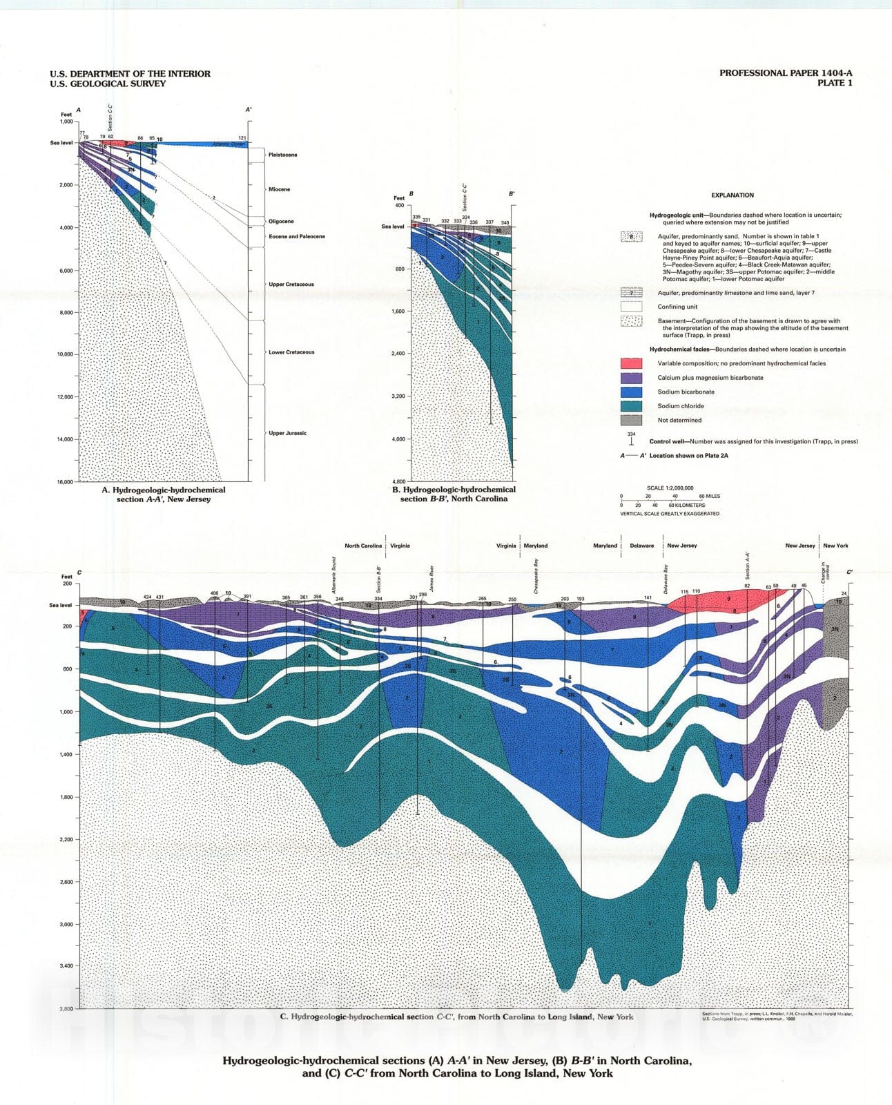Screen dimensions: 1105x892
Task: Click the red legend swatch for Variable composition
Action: click(631, 363)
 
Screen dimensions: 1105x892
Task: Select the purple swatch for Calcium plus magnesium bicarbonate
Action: click(631, 378)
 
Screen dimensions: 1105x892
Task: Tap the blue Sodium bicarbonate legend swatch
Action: click(631, 392)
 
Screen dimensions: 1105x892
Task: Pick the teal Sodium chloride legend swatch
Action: click(631, 406)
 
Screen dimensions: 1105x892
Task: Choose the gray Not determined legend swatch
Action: click(631, 420)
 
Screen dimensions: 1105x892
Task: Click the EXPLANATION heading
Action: click(733, 195)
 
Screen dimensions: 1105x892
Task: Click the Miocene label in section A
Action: click(279, 189)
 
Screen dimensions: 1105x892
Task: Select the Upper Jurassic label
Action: click(287, 433)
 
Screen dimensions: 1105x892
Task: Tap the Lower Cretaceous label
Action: click(291, 352)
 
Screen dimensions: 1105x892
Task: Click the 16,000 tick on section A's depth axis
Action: click(64, 482)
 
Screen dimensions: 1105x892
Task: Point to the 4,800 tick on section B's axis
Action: click(396, 481)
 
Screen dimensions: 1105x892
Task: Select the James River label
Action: click(432, 578)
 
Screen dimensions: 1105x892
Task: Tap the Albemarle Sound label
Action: click(334, 575)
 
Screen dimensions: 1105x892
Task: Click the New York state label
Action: click(835, 546)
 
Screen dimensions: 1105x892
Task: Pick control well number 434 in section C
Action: click(147, 597)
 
